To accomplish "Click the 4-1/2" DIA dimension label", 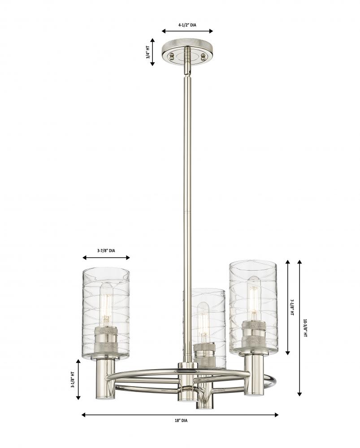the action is (x=187, y=25).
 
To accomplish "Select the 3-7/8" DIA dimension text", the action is (x=106, y=250).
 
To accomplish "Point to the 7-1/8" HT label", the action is (x=292, y=307).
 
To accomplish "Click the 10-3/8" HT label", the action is (x=305, y=328).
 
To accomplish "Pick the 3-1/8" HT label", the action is (x=73, y=379).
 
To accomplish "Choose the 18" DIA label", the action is (x=181, y=421).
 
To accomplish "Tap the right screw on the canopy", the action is (x=203, y=56).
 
